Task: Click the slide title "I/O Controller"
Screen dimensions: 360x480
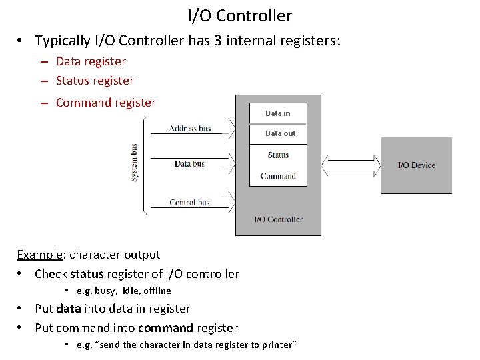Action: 239,15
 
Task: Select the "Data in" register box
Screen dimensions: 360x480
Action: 278,113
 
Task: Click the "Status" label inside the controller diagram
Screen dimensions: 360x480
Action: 278,155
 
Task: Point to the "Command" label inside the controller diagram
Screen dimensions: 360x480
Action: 278,176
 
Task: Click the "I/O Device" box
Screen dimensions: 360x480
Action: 416,165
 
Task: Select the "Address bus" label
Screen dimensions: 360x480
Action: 190,128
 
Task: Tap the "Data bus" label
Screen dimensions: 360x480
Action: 189,163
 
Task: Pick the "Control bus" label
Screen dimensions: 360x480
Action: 189,202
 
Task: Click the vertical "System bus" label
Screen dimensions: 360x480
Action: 135,163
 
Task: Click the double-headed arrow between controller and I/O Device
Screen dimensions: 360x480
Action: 351,165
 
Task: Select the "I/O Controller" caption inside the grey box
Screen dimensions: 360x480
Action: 278,219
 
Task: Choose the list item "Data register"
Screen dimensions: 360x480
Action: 91,61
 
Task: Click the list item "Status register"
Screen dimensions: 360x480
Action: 95,81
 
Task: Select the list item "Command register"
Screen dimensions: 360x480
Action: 105,103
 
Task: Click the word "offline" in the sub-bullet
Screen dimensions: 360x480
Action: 156,291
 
